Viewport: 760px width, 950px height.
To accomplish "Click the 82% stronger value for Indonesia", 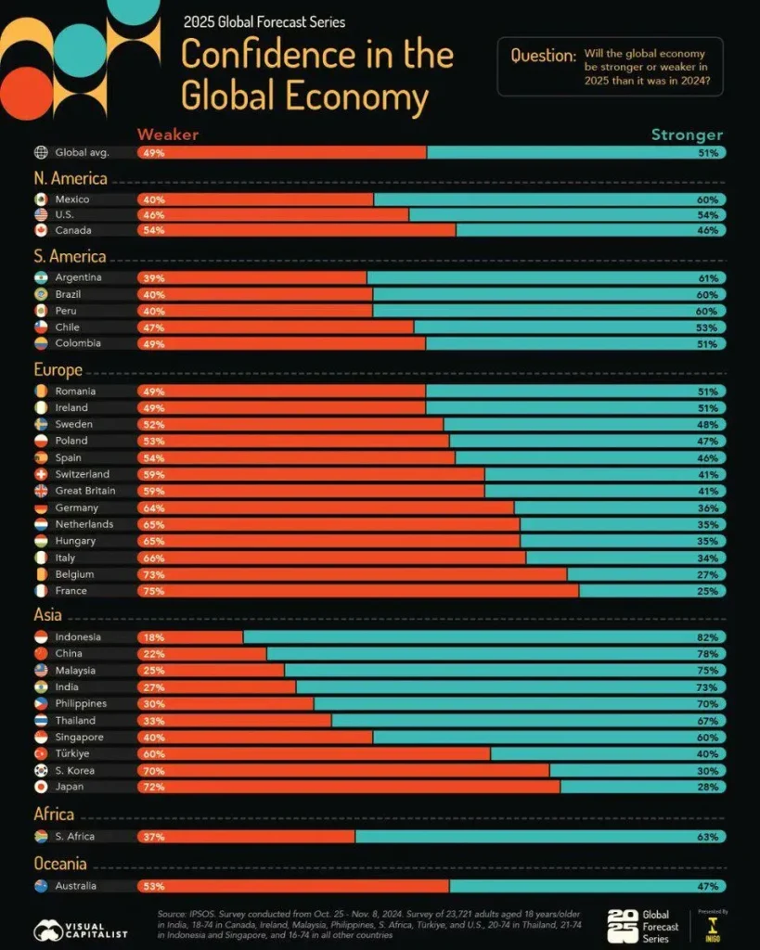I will click(x=707, y=637).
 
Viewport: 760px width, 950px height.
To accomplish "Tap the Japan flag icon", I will click(x=41, y=787).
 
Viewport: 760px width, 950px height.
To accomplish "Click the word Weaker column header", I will click(x=168, y=135).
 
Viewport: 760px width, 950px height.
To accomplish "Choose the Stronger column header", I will click(x=686, y=135).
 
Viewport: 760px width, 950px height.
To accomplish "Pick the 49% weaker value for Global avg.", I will click(x=152, y=152).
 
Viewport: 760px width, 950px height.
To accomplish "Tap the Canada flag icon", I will click(x=41, y=230).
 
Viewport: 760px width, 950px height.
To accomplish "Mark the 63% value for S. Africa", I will click(x=707, y=837).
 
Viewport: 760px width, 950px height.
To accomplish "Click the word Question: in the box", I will click(x=544, y=56).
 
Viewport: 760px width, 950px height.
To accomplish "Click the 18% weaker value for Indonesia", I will click(x=152, y=637).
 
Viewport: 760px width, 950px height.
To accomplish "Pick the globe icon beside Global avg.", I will click(x=41, y=152).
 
